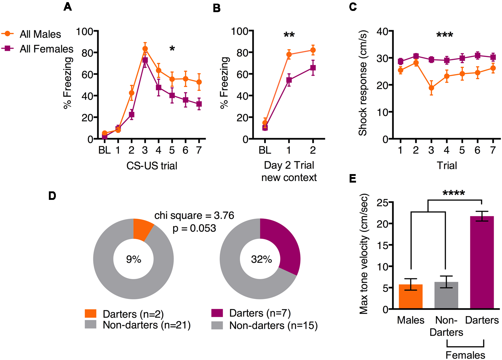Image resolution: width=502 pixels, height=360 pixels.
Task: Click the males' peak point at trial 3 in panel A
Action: click(145, 49)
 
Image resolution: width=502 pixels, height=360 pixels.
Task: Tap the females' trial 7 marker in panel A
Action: click(199, 104)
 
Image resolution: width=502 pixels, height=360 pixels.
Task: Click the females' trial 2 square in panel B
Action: click(313, 68)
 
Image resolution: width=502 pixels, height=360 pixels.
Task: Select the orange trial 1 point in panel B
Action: click(289, 55)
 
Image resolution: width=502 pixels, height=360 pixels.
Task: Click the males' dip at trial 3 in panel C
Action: click(431, 88)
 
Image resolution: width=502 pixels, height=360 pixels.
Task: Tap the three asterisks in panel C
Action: click(445, 35)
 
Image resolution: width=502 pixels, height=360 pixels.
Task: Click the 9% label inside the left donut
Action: click(134, 259)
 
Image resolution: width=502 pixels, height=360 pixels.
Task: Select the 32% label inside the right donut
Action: click(261, 259)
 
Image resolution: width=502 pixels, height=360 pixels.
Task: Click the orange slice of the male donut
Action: click(142, 229)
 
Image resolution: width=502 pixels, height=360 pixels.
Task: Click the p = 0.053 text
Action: click(194, 228)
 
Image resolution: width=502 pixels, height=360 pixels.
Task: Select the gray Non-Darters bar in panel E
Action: click(446, 296)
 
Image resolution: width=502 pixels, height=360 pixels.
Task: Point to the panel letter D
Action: click(52, 196)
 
